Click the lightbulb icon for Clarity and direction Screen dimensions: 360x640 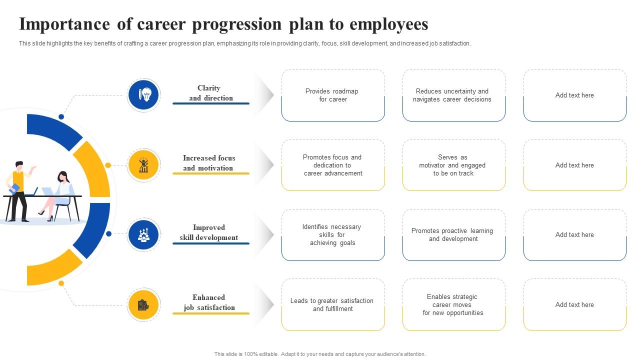click(x=143, y=94)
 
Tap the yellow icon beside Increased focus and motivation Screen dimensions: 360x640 click(x=143, y=164)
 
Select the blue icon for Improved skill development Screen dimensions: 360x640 click(x=143, y=234)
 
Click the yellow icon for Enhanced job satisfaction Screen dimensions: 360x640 click(x=143, y=304)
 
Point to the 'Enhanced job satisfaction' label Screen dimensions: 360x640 click(x=209, y=302)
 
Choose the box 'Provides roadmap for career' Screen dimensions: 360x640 click(x=333, y=95)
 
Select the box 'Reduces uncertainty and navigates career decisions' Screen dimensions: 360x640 click(x=453, y=95)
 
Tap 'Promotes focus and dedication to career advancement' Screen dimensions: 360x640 click(x=333, y=165)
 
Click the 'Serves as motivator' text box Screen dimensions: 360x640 click(x=453, y=165)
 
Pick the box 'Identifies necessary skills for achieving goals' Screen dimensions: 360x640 click(x=333, y=235)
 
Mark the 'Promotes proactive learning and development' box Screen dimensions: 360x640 click(x=453, y=235)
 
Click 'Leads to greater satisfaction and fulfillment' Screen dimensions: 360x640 click(x=333, y=304)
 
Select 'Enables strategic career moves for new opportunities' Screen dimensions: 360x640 click(x=453, y=304)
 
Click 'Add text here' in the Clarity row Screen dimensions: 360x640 click(x=574, y=95)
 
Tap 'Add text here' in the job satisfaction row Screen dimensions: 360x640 click(x=574, y=304)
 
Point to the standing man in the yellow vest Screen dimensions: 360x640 click(x=19, y=190)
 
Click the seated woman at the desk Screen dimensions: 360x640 click(x=60, y=192)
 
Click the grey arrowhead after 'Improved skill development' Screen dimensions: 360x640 click(x=269, y=234)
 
